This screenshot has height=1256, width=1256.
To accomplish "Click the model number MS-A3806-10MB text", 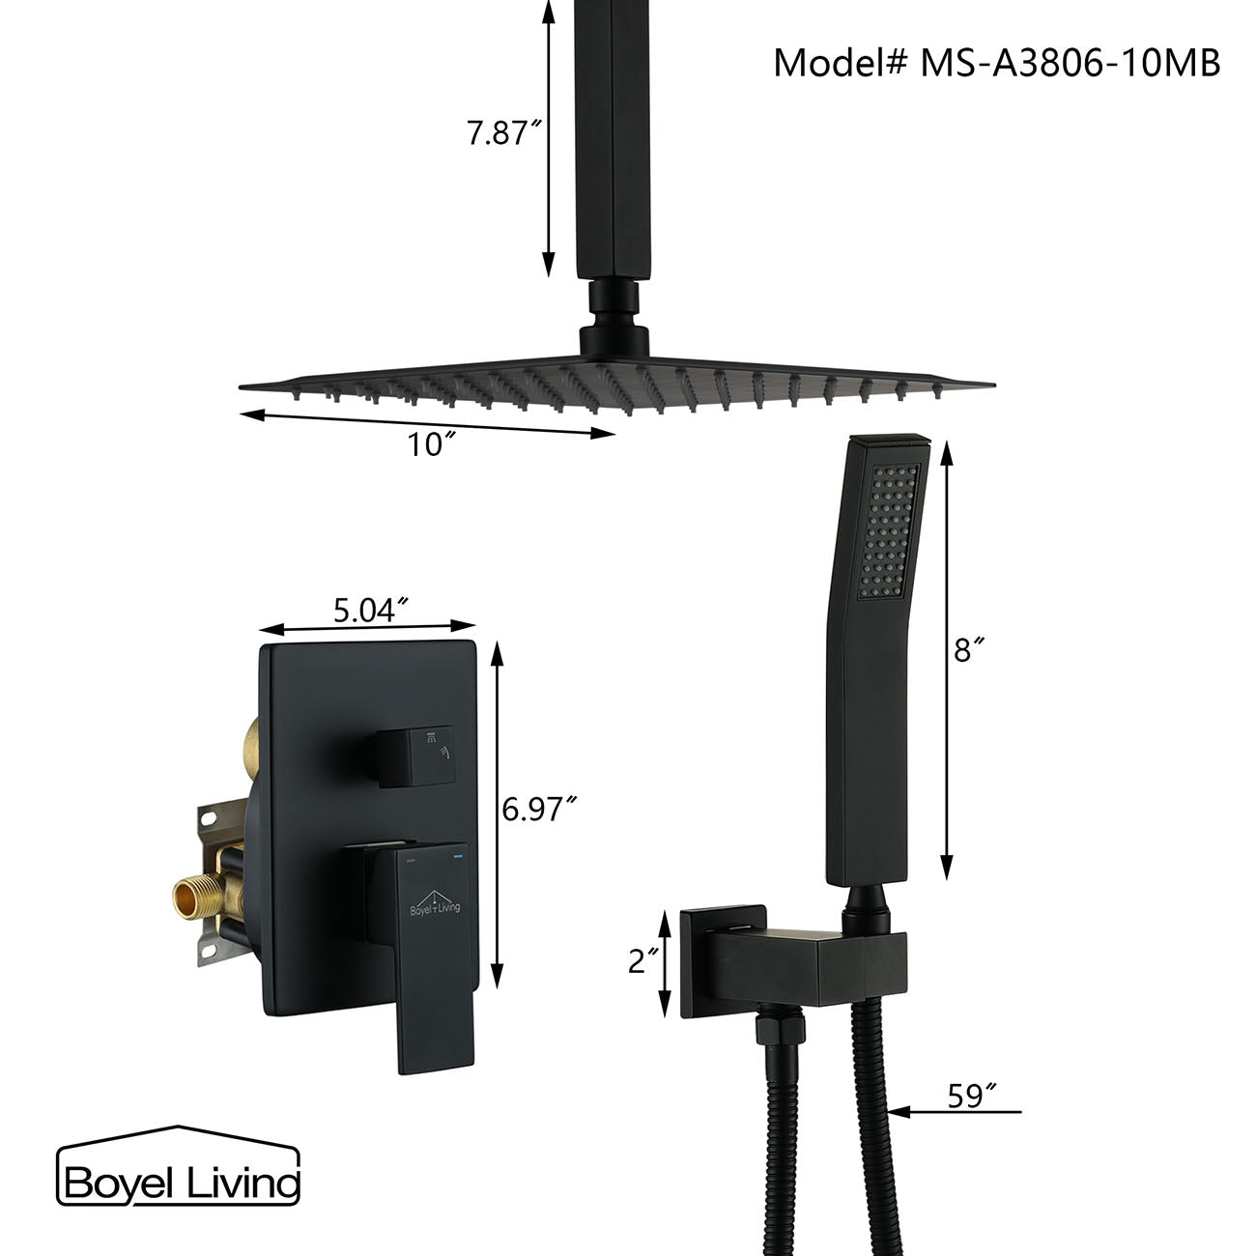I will coord(996,63).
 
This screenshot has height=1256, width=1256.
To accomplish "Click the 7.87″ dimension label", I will coord(501,132).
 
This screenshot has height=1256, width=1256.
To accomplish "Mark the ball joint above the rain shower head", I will coord(606,323).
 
